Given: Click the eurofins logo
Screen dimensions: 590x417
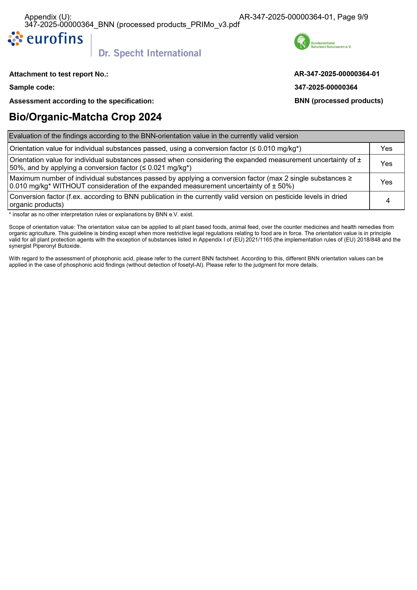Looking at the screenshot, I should [x=45, y=39].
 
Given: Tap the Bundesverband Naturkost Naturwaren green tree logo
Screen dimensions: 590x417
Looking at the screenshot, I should [x=302, y=41].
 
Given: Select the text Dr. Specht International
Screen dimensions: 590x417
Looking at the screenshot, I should [x=150, y=53].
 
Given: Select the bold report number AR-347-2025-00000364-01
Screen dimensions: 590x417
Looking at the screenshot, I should [x=337, y=74].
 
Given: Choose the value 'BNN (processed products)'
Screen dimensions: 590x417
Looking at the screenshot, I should [x=339, y=101].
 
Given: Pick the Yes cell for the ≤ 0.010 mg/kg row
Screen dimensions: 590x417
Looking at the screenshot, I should [x=386, y=149].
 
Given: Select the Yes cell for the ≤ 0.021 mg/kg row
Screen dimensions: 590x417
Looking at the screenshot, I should [x=386, y=164].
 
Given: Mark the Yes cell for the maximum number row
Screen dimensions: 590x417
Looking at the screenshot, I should [x=386, y=182].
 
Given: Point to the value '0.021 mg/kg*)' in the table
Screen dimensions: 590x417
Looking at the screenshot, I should [x=169, y=168].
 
